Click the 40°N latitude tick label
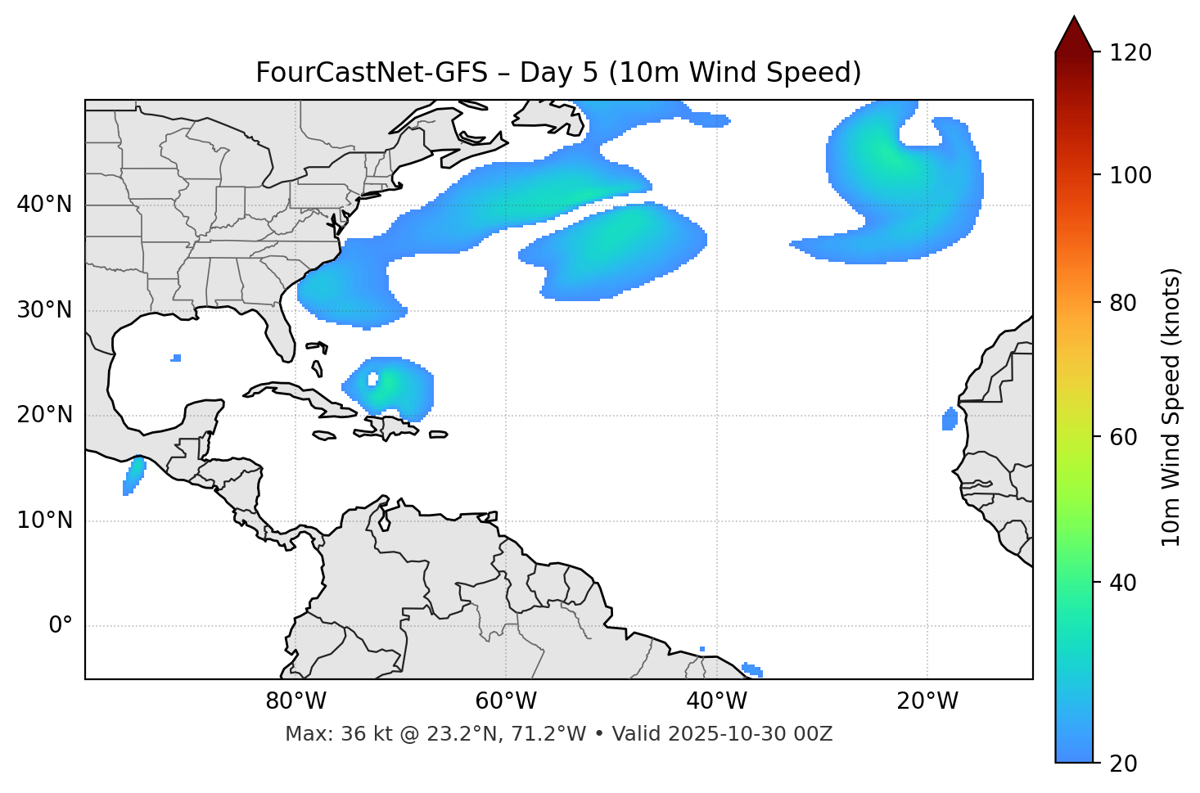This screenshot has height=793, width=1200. coord(44,205)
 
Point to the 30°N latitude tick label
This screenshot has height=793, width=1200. coord(44,310)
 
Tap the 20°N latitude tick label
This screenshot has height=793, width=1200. coord(44,415)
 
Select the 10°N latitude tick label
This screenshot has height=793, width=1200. coord(44,520)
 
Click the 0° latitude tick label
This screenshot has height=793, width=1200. coord(61,626)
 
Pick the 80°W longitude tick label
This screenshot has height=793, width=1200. coord(295,701)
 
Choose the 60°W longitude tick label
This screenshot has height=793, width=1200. coord(506,701)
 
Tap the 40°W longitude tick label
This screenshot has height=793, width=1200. coord(716,701)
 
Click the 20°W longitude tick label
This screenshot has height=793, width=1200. coord(927,701)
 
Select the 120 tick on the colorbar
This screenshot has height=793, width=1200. coord(1130,53)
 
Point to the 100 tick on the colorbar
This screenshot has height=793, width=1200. coord(1130,176)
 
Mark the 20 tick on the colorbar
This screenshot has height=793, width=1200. coord(1122,764)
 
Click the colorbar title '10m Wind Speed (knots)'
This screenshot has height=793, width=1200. coord(1171,407)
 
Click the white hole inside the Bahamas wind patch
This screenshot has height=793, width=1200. coord(373,379)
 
